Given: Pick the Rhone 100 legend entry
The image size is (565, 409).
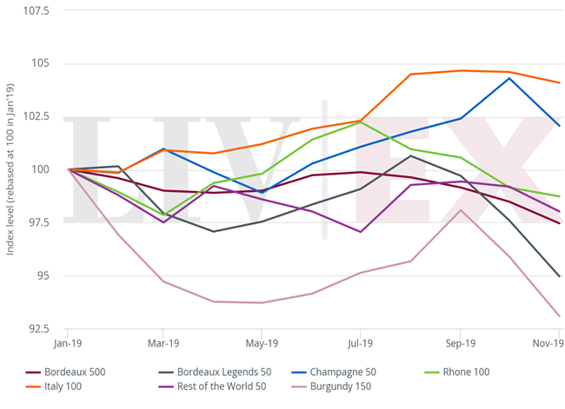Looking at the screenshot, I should tap(462, 372).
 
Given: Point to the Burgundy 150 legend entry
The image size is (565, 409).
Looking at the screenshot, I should tap(339, 386).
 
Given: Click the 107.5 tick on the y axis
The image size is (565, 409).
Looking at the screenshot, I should tap(37, 11).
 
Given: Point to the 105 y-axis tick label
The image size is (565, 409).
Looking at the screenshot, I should tap(41, 64).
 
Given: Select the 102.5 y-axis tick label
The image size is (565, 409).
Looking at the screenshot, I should tap(37, 117).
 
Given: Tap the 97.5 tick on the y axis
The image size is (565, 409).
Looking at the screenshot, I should tap(38, 223).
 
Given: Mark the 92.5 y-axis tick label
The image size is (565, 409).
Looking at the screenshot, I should tap(38, 329).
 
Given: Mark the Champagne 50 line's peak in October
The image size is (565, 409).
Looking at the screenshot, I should tap(509, 78).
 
